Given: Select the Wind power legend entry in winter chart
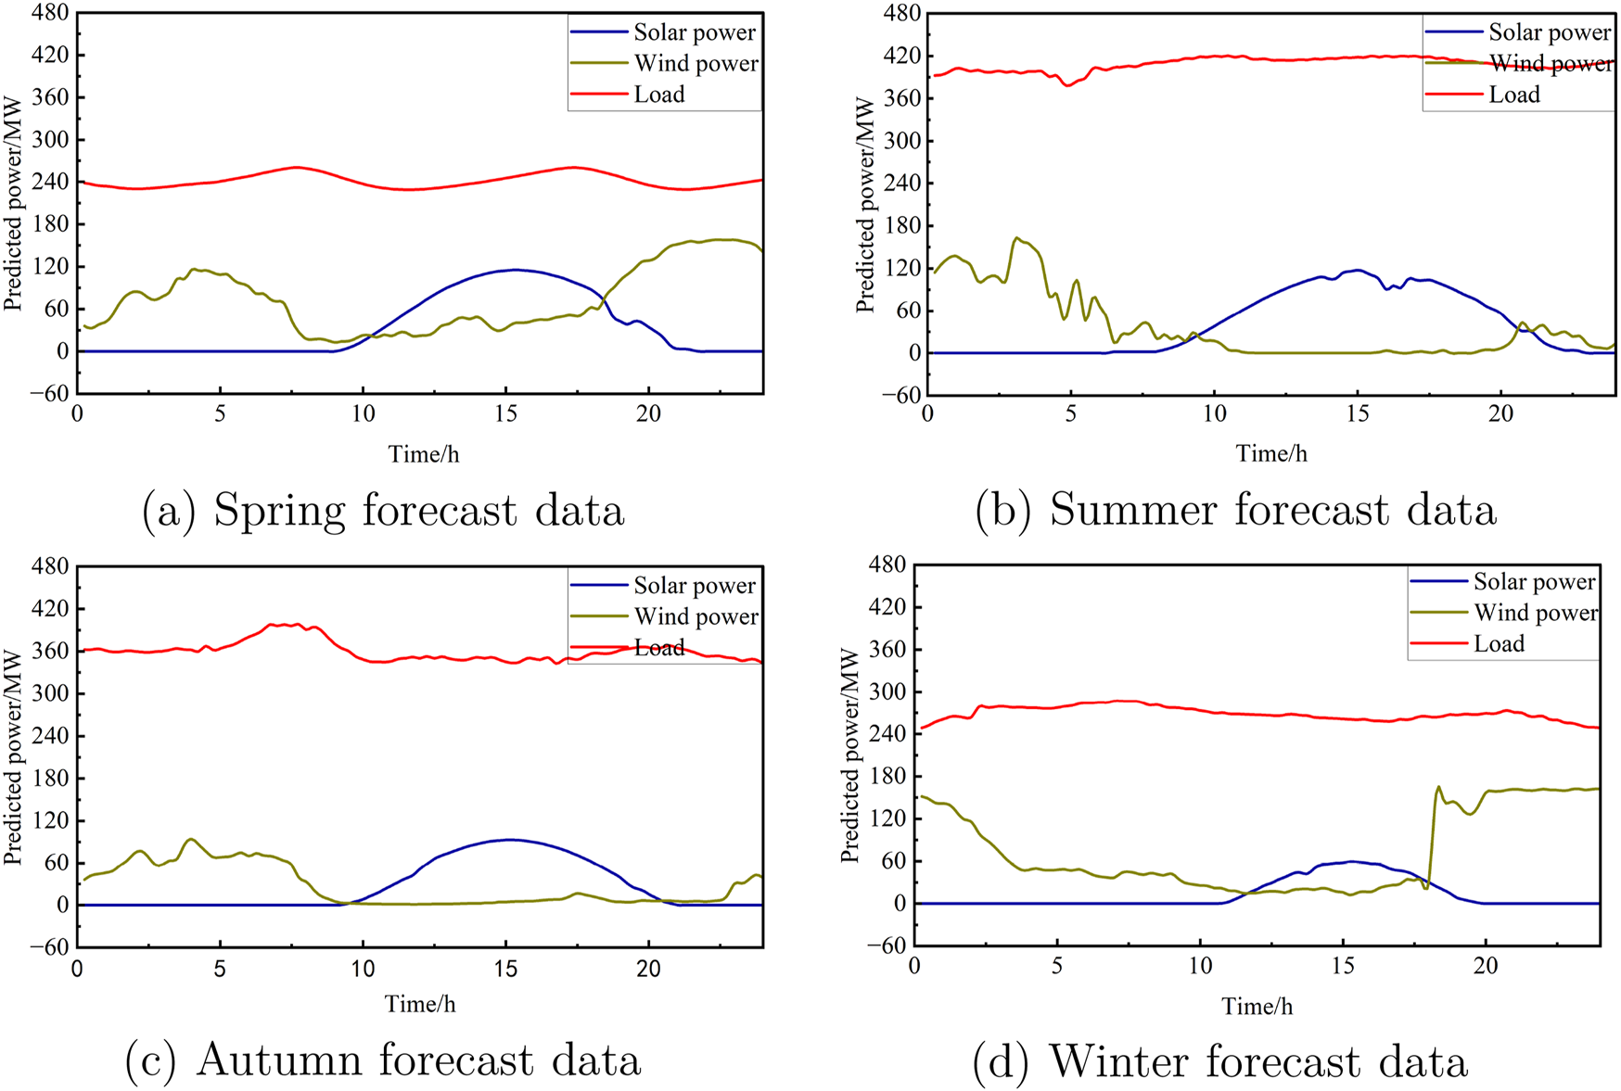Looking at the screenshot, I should coord(1536,613).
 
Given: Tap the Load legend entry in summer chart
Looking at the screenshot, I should coord(1513,95).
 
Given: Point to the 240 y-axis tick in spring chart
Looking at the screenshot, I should coord(50,182).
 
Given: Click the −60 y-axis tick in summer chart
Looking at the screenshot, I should coord(900,396).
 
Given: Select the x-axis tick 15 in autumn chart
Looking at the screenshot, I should coord(505,970).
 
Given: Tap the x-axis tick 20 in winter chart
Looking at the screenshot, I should coord(1486,967).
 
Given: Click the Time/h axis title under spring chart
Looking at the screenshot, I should coord(423,454).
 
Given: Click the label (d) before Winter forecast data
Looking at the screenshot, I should coord(1000,1062).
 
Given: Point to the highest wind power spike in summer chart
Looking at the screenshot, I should coord(1016,237).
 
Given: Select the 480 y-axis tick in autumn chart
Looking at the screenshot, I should coord(50,566).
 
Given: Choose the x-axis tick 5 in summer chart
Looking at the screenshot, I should coord(1071,414).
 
